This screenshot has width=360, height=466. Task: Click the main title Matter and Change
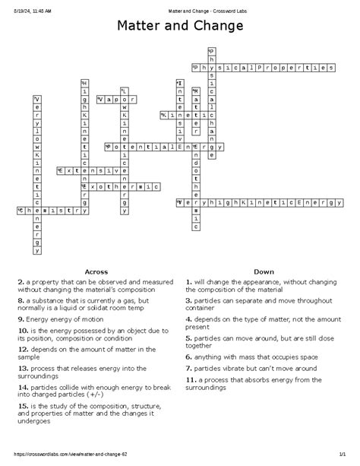click(x=180, y=27)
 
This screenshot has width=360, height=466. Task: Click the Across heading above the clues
click(x=96, y=271)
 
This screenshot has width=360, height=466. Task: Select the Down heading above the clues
click(x=264, y=271)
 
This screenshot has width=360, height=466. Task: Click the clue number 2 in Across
click(x=19, y=281)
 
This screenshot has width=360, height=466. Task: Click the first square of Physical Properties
click(x=196, y=68)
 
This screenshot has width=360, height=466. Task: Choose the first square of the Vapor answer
click(x=99, y=99)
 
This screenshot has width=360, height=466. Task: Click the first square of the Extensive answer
click(x=60, y=172)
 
